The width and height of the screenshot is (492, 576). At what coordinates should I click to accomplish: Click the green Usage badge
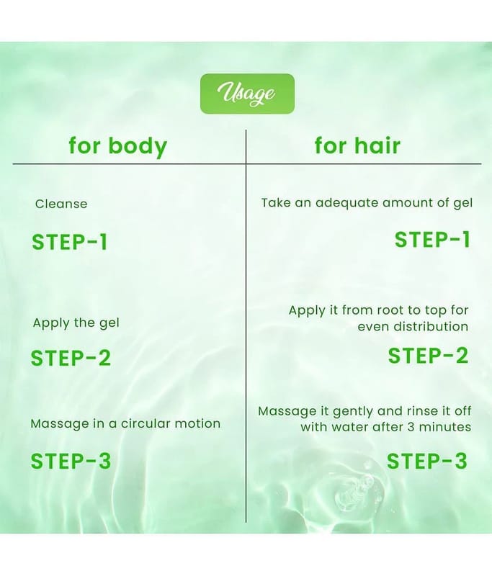tap(247, 94)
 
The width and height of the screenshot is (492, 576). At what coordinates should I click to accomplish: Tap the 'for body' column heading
tap(118, 146)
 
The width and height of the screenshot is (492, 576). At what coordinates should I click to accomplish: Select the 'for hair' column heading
tap(357, 145)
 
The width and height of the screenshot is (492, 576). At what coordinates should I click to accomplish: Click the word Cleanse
tap(61, 204)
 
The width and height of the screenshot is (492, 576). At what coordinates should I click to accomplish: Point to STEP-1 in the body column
tap(70, 242)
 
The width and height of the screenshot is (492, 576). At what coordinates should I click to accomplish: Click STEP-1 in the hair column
tap(432, 240)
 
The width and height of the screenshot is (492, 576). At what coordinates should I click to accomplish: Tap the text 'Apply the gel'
tap(76, 323)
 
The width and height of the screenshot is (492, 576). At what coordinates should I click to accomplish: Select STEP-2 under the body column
tap(71, 358)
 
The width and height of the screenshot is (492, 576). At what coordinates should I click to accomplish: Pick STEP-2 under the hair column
tap(428, 356)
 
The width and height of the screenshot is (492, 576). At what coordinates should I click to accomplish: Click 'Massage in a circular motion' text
tap(125, 423)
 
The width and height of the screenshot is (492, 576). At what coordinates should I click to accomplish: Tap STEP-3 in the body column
tap(71, 461)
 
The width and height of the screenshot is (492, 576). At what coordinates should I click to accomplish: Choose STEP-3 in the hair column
tap(427, 461)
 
